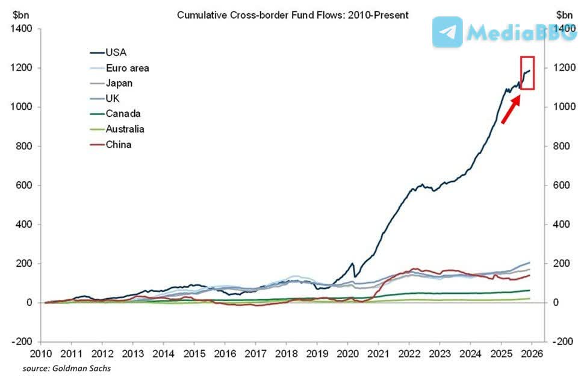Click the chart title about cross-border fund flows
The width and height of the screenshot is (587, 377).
pyautogui.click(x=293, y=14)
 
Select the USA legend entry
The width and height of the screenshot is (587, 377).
pyautogui.click(x=116, y=52)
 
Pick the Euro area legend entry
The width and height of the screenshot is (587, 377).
pyautogui.click(x=127, y=67)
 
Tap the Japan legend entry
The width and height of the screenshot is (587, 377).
pyautogui.click(x=119, y=83)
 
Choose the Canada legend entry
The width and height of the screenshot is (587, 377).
pyautogui.click(x=123, y=113)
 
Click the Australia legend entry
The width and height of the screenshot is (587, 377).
pyautogui.click(x=125, y=129)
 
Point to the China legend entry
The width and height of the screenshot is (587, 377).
pyautogui.click(x=118, y=144)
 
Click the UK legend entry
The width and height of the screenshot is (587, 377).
pyautogui.click(x=113, y=98)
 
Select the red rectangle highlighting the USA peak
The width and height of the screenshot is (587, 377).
pyautogui.click(x=527, y=73)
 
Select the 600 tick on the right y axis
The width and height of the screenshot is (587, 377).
pyautogui.click(x=563, y=185)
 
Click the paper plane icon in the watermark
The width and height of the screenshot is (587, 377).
pyautogui.click(x=447, y=32)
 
